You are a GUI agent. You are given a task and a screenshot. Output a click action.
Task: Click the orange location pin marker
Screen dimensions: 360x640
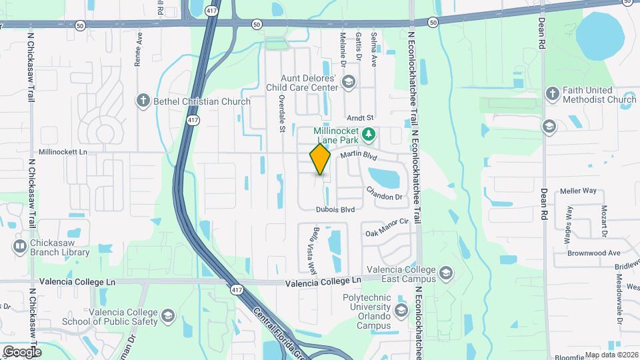320,159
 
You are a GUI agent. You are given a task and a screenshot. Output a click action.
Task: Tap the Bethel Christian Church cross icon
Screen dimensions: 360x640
142,101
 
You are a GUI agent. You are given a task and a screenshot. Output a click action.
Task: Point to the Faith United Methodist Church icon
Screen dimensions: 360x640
552,94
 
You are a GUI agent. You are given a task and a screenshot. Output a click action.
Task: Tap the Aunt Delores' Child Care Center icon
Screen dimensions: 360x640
347,82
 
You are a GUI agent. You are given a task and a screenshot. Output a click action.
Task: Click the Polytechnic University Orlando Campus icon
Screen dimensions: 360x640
401,311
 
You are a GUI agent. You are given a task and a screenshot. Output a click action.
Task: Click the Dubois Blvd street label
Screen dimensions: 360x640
335,209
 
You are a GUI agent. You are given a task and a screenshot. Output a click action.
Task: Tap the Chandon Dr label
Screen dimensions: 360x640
384,193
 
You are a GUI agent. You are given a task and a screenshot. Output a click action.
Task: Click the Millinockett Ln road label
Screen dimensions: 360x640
63,152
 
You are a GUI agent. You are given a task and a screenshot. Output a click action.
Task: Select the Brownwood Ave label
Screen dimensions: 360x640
593,253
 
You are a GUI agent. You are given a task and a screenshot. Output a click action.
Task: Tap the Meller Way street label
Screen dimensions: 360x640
578,191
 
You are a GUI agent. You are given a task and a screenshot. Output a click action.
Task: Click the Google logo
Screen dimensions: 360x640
22,351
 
